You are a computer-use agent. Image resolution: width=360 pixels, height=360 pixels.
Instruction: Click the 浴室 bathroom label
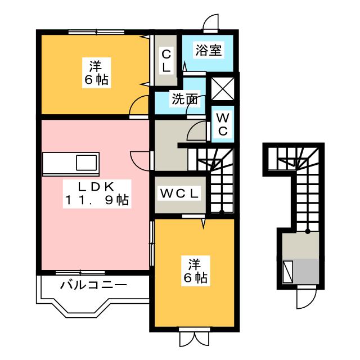(209, 51)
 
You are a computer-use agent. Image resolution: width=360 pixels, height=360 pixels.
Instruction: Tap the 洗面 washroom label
(185, 100)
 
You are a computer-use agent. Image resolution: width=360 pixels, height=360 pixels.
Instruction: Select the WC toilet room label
(223, 124)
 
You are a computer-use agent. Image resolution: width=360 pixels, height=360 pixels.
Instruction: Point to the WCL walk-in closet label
(180, 193)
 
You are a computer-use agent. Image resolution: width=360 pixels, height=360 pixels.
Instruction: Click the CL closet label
(166, 61)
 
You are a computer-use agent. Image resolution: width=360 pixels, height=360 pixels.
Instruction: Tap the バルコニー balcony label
(93, 285)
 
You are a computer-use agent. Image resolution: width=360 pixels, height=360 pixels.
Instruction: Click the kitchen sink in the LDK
(87, 163)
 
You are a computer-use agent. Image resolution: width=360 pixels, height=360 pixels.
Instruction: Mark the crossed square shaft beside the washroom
(221, 88)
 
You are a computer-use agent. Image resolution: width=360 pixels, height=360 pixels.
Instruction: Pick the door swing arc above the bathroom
(211, 22)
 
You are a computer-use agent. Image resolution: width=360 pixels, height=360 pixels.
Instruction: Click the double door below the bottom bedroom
(193, 339)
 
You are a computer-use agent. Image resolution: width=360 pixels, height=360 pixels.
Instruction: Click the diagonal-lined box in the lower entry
(289, 272)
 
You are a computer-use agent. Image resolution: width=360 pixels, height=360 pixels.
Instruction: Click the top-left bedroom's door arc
(139, 106)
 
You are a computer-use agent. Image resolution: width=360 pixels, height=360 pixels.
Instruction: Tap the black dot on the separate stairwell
(308, 231)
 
